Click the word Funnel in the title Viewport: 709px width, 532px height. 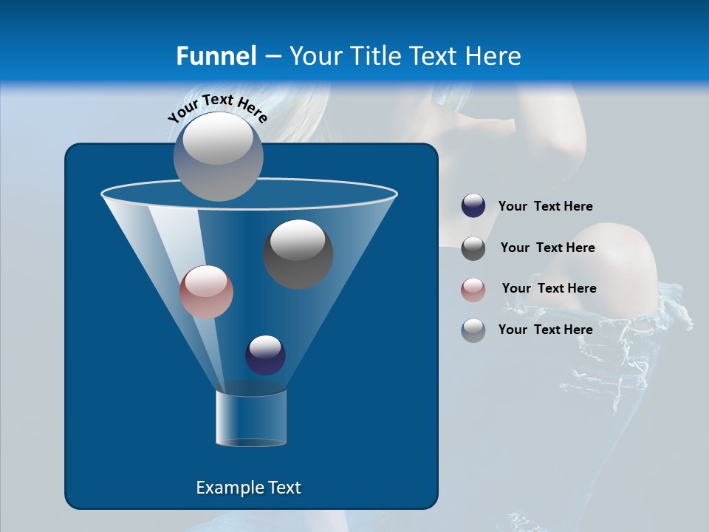pos(216,56)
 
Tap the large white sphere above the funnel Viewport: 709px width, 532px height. pos(218,156)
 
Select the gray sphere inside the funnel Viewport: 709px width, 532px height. pos(298,254)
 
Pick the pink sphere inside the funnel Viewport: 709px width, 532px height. pos(206,292)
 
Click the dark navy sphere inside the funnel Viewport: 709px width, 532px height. pos(265,355)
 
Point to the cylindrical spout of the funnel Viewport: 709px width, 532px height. pos(251,418)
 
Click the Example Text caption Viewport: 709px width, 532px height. pos(248,488)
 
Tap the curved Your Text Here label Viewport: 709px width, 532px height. pos(217,108)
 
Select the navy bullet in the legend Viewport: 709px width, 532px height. pos(473,206)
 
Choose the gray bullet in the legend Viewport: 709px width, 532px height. pos(473,248)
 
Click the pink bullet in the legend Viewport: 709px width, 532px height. pos(473,290)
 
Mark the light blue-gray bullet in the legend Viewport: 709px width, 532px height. pos(473,330)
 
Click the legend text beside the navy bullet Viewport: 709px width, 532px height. pos(545,207)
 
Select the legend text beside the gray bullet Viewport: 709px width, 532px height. pos(547,248)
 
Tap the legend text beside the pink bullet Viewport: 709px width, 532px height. pos(549,289)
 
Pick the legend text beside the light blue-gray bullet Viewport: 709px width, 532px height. pos(545,330)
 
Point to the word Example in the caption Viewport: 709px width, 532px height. pos(227,488)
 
